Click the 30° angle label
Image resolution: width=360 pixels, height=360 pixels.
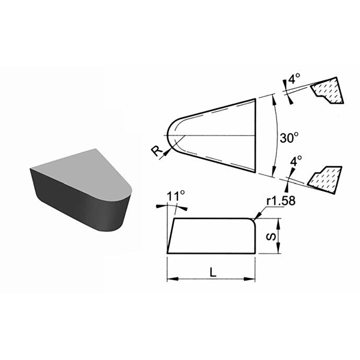289,138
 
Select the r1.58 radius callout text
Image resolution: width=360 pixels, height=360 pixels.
281,201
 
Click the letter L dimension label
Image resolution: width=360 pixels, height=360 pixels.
213,272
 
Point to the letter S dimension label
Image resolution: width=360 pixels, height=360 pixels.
271,236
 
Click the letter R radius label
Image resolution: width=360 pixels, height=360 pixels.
157,151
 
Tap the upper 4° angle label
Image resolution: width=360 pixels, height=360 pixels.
295,79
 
